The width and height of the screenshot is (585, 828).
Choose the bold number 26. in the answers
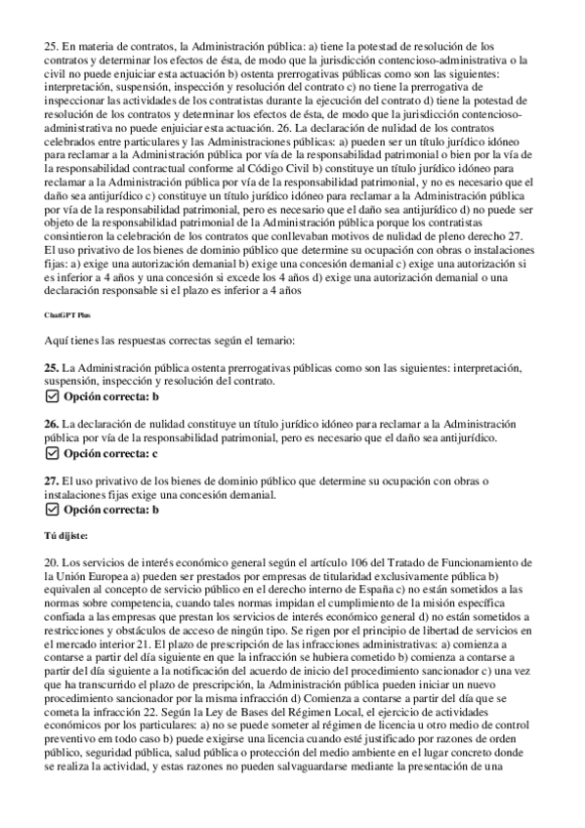coord(52,424)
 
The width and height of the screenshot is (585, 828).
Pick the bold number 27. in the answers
coord(52,480)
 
